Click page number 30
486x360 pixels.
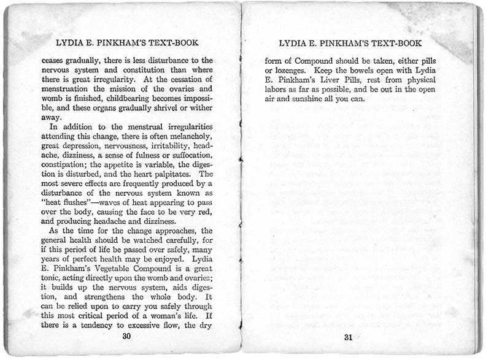point(127,335)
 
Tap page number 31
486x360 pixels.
point(348,337)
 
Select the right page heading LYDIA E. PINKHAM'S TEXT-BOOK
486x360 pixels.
point(350,44)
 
